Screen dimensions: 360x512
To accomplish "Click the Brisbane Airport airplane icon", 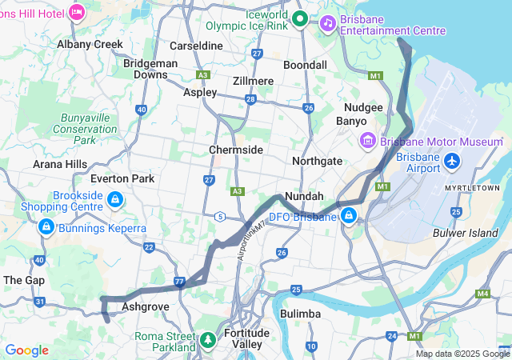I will click(452, 162).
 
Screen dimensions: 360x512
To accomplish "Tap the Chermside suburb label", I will click(236, 150).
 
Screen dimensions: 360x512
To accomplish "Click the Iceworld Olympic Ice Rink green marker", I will click(301, 18).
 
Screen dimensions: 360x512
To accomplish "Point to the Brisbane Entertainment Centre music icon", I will click(327, 23).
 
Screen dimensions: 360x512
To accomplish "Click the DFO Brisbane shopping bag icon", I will click(349, 216).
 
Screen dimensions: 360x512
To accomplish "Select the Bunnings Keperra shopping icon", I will click(46, 228).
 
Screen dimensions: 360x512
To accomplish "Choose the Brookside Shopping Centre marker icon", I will click(115, 199).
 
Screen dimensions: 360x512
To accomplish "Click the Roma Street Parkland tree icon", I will click(208, 341).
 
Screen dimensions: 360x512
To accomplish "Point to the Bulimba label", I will click(301, 313).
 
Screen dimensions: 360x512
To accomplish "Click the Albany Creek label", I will click(90, 45).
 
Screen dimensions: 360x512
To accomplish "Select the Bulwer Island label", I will click(466, 233).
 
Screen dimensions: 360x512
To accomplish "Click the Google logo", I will click(26, 350).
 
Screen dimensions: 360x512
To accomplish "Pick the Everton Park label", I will click(122, 178).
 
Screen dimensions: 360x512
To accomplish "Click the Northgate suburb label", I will click(317, 161).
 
